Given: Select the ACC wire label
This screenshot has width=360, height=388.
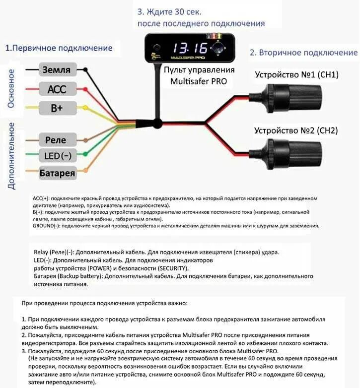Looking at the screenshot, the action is coord(57,89).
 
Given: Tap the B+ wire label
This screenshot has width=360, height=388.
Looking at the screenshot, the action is coord(56,108).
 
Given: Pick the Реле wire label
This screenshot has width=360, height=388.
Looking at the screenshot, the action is coord(55,139).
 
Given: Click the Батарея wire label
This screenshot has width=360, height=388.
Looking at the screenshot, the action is coord(58,173).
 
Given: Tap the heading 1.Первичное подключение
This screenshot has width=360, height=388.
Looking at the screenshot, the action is coord(59,48).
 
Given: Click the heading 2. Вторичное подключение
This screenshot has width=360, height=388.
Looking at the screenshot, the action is coord(303,53).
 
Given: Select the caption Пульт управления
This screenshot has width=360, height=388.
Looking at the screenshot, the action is coord(198,69).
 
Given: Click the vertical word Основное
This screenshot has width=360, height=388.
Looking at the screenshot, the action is coord(11,89).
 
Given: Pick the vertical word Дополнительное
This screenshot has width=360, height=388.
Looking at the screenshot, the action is coord(11,155).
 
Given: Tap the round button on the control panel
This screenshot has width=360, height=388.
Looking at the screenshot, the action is coord(218,48).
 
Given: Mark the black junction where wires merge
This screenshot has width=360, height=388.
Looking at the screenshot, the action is coord(157,123).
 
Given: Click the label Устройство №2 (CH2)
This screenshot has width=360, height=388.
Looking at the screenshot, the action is coord(296,131).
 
